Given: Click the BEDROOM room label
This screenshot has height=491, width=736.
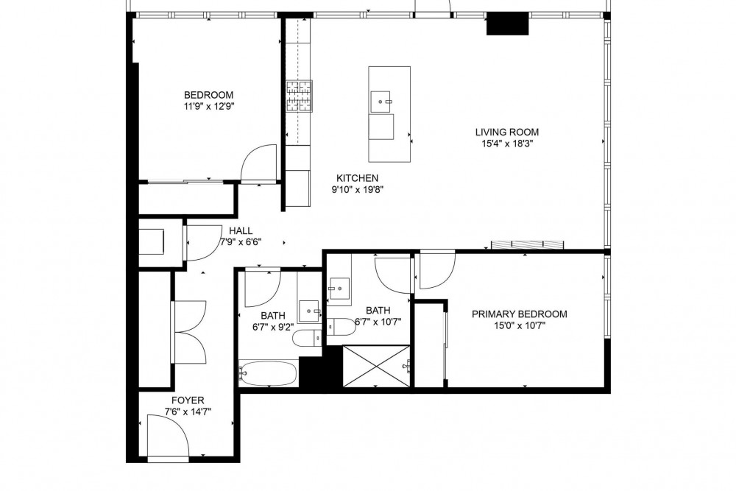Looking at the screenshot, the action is (x=208, y=95).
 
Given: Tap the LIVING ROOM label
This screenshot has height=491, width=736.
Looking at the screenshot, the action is (x=507, y=132).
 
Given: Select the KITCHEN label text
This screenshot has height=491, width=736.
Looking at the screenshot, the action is (x=357, y=178).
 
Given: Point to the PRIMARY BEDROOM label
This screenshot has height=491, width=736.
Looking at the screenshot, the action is (x=519, y=314).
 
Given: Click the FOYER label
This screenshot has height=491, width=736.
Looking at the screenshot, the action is (x=188, y=400).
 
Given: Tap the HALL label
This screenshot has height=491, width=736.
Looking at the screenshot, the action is (x=241, y=231).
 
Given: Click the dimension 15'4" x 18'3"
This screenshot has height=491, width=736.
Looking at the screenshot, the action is (x=507, y=144).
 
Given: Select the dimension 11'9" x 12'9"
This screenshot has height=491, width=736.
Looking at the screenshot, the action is (x=209, y=107).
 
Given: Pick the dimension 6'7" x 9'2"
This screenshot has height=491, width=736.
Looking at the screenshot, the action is (x=273, y=327).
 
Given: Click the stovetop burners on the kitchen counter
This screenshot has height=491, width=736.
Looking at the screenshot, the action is (x=299, y=96).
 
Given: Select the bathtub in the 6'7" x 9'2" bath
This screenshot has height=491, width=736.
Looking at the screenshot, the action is (x=268, y=372).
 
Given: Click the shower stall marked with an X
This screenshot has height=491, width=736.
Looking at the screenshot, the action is (x=377, y=366).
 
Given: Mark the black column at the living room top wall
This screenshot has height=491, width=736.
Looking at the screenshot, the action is (x=507, y=24).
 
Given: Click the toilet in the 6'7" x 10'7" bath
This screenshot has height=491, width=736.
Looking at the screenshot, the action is (x=342, y=327).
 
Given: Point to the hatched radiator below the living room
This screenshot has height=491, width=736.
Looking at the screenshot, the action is (x=528, y=244).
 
